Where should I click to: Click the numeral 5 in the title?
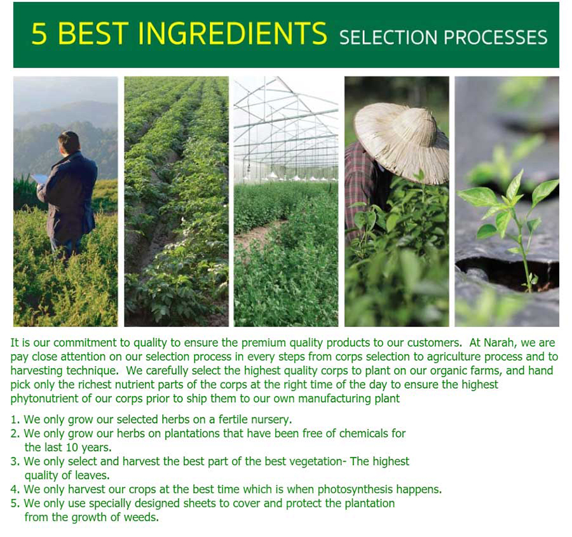pyautogui.click(x=39, y=34)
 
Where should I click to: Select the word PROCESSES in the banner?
pyautogui.click(x=496, y=38)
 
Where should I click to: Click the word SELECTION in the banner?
pyautogui.click(x=388, y=38)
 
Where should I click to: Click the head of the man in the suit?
pyautogui.click(x=69, y=143)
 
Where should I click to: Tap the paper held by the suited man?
pyautogui.click(x=40, y=179)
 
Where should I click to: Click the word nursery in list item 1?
pyautogui.click(x=271, y=419)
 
